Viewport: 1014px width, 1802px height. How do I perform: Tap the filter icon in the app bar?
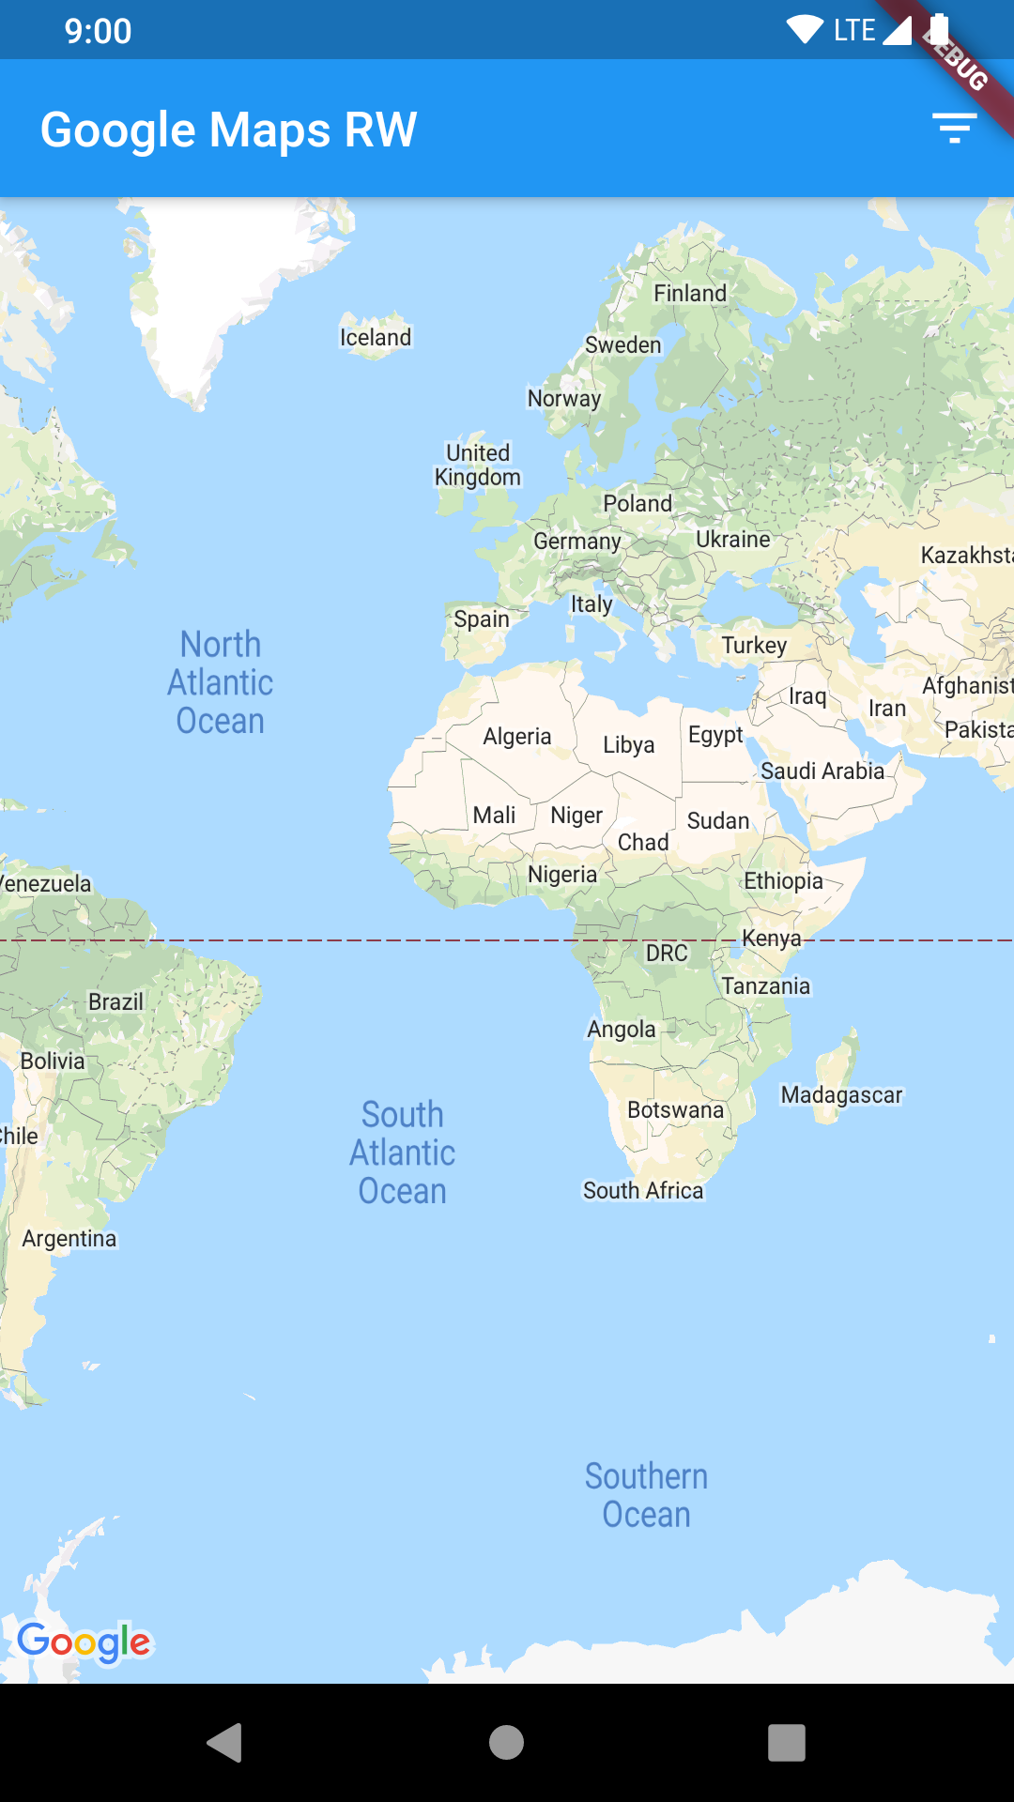click(954, 128)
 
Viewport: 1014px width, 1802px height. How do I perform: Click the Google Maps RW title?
click(228, 130)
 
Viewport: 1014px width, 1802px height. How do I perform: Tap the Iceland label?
click(376, 337)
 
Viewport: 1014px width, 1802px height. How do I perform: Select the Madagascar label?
click(841, 1095)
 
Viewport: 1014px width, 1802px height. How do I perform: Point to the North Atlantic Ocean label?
click(221, 682)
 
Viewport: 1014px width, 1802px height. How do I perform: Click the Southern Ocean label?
click(646, 1495)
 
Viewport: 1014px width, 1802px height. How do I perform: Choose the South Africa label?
click(643, 1190)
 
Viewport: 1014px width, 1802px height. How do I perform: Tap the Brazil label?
click(115, 1001)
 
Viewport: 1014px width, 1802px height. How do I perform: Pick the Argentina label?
click(69, 1238)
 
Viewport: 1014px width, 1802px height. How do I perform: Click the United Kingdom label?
click(478, 465)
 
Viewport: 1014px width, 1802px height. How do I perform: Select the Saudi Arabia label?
click(822, 771)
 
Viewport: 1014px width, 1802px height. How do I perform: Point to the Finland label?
click(690, 293)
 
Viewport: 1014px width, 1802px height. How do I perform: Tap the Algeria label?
click(516, 736)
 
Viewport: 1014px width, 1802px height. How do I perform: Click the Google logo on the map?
click(84, 1642)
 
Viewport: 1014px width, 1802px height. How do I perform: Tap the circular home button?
click(506, 1743)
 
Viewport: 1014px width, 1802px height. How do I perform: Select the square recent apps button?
click(787, 1743)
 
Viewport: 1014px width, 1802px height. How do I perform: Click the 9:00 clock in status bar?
click(98, 31)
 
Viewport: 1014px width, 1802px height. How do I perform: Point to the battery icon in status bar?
click(938, 29)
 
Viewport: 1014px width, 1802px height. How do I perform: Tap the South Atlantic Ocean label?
click(403, 1153)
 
